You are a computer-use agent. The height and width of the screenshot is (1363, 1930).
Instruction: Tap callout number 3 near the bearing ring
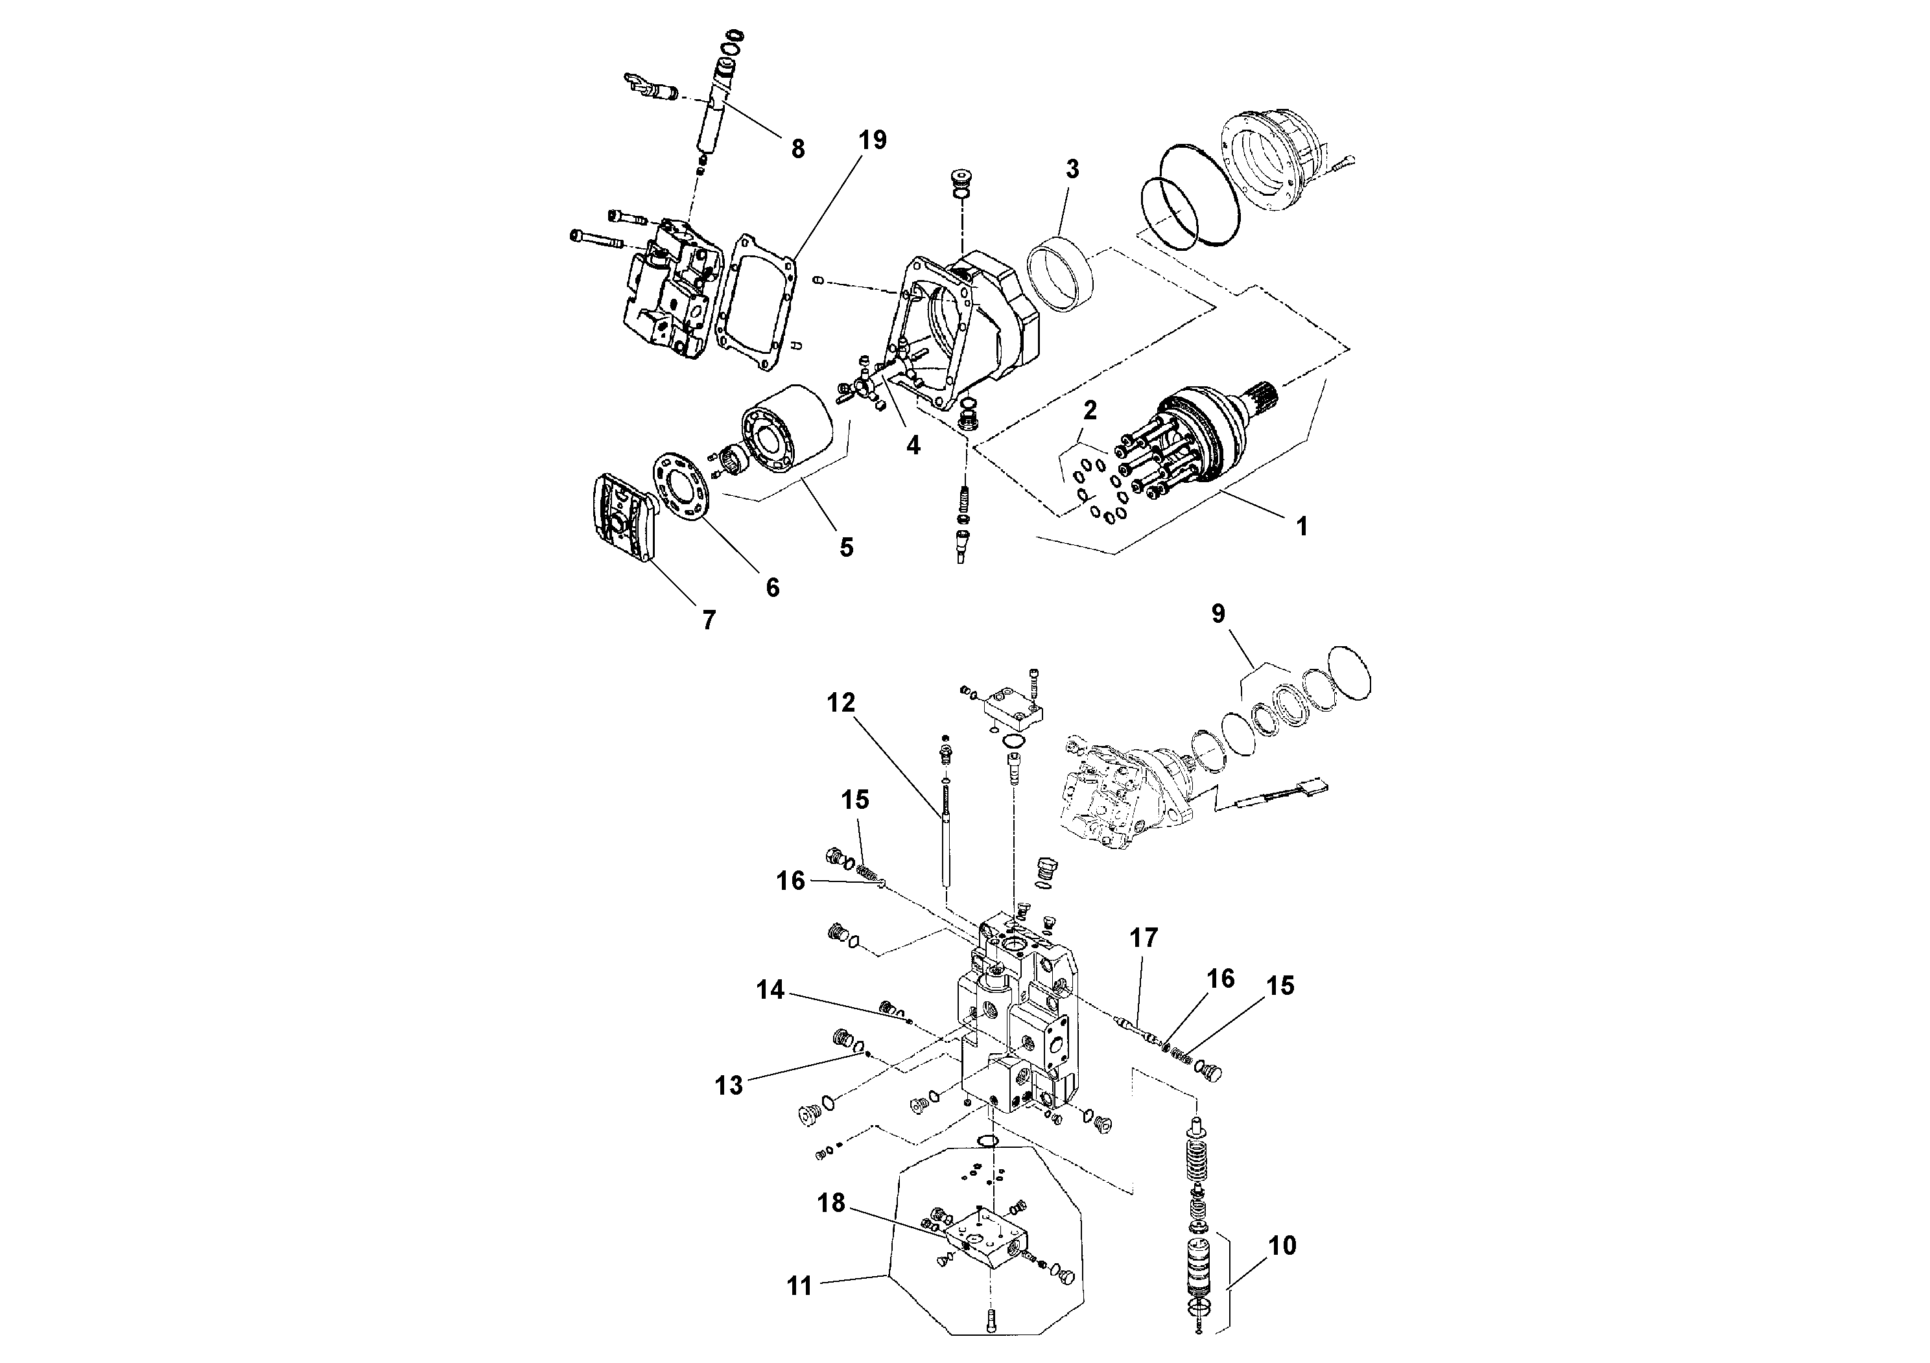tap(1072, 169)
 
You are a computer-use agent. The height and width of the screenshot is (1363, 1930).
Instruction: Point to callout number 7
tap(709, 620)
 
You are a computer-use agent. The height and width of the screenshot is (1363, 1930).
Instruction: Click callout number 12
tap(841, 703)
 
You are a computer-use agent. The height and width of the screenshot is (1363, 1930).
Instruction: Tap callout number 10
tap(1282, 1245)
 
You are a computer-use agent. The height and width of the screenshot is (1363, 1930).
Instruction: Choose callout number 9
tap(1218, 613)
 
